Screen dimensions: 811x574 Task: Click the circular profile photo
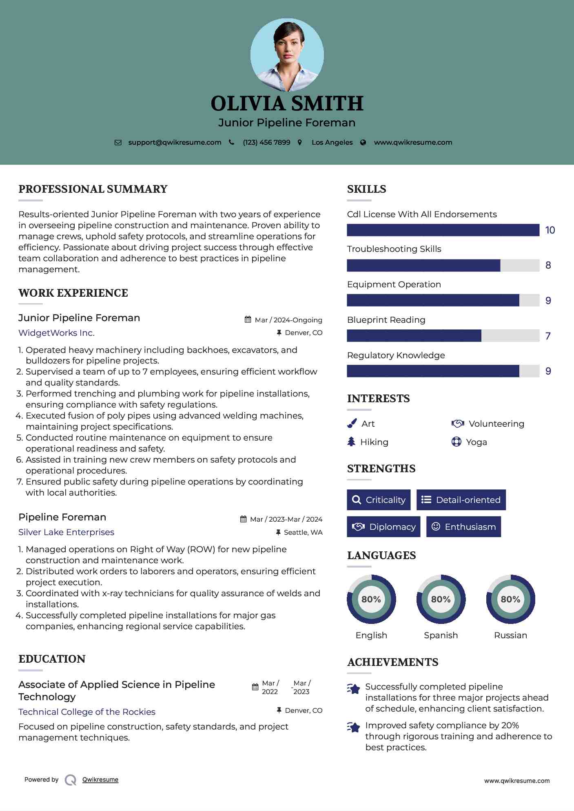click(287, 55)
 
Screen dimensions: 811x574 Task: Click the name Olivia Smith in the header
click(287, 104)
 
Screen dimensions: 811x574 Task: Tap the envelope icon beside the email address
click(118, 143)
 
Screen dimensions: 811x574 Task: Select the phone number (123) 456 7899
click(266, 143)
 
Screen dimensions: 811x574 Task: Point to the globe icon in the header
click(363, 143)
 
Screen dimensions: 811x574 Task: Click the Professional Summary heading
click(93, 189)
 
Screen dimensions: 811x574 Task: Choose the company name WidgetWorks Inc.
click(56, 333)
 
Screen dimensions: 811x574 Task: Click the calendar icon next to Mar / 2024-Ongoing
click(248, 320)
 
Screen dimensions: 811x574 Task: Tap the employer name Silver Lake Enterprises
click(66, 532)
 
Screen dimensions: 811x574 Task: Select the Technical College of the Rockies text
click(87, 712)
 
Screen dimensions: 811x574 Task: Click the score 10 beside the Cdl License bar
click(550, 230)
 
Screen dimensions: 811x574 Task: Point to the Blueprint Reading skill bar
click(443, 336)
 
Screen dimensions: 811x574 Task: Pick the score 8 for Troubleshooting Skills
click(548, 265)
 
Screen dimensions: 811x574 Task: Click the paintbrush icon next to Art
click(352, 424)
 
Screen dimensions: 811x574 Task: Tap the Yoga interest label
click(476, 442)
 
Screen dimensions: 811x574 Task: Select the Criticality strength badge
click(379, 500)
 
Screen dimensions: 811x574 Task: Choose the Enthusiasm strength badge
click(463, 527)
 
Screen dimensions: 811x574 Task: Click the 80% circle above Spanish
click(441, 599)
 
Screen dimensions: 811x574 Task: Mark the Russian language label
click(510, 635)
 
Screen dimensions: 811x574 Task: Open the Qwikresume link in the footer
click(100, 780)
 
